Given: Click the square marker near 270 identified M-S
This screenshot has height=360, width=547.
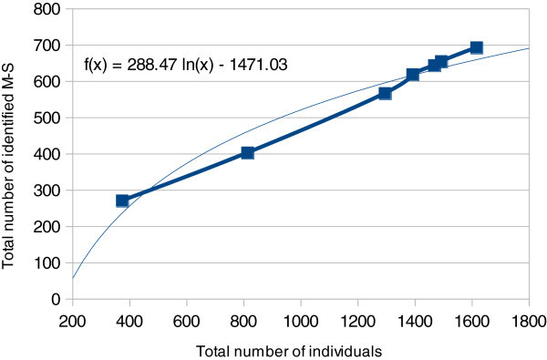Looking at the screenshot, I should (122, 201).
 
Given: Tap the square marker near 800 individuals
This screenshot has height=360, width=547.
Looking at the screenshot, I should (247, 152).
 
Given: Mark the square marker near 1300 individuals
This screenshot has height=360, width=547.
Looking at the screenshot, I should (385, 93).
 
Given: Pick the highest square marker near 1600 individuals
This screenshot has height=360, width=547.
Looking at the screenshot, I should (476, 46).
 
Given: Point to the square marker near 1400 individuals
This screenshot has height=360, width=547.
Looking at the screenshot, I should (412, 74).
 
